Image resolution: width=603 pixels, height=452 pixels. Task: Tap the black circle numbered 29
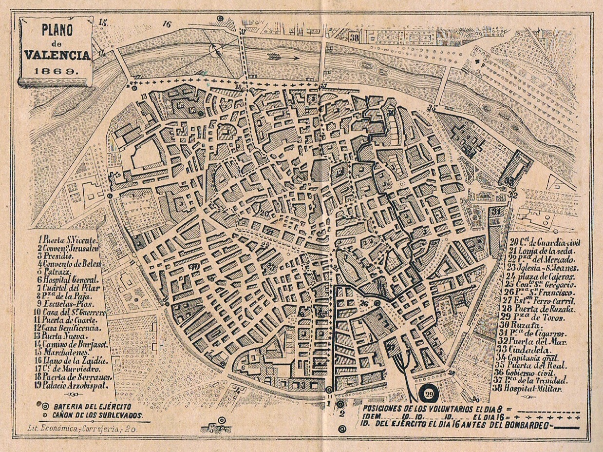[x=429, y=394]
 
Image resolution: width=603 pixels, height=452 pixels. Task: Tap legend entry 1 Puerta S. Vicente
[x=68, y=239]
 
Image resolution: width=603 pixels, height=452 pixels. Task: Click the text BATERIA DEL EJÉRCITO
[x=92, y=406]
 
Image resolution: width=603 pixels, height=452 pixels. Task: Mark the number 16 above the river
[x=168, y=24]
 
